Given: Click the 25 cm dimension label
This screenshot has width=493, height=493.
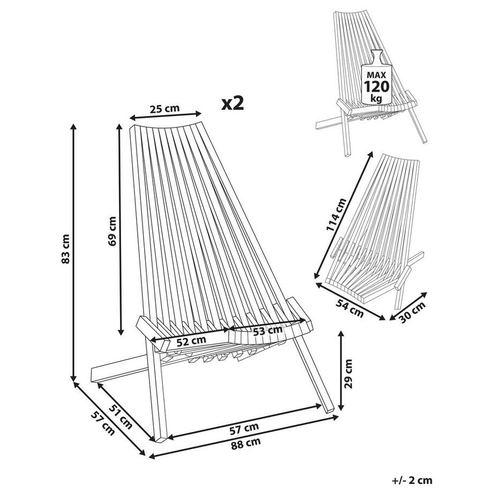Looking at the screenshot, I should (x=165, y=109).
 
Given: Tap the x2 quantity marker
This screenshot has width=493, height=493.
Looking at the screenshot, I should (x=233, y=103).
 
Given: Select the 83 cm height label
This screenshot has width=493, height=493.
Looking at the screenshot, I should (x=65, y=249).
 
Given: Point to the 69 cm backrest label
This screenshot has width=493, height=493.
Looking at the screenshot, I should (x=112, y=231).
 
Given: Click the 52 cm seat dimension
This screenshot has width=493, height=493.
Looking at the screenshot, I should (x=191, y=341).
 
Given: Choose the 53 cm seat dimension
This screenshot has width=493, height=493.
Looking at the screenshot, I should (x=267, y=331).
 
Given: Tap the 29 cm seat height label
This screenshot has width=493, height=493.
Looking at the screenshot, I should (x=349, y=373).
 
